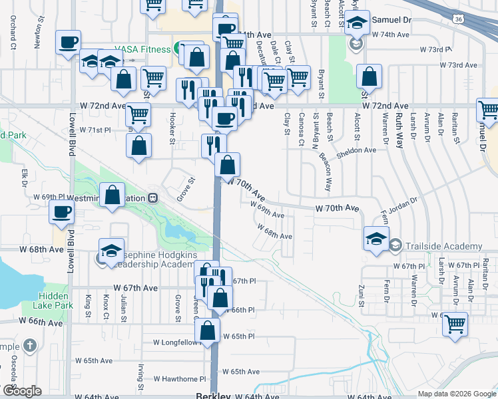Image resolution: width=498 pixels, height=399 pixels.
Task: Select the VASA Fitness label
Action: (142, 49)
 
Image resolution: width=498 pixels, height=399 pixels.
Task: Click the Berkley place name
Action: (213, 396)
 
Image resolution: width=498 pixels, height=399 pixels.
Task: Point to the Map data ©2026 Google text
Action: (455, 394)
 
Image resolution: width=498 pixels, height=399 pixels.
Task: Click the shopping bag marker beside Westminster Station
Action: (112, 196)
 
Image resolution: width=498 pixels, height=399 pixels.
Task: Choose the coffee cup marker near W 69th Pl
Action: (62, 212)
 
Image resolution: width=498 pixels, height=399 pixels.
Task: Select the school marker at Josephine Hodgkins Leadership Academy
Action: (111, 250)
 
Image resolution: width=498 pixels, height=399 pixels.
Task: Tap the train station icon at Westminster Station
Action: (153, 198)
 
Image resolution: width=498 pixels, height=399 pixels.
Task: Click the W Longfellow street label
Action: (176, 342)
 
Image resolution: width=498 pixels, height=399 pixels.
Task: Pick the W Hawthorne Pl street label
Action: (176, 378)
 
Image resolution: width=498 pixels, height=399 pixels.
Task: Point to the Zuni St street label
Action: (361, 294)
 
